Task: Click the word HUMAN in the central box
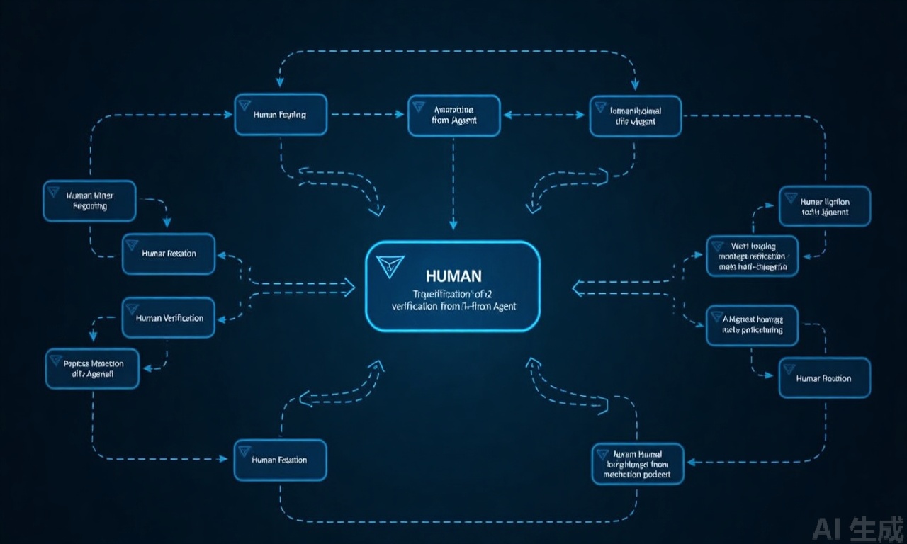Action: [x=454, y=275]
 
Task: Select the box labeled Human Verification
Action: [x=169, y=317]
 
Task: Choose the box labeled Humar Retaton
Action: [x=169, y=254]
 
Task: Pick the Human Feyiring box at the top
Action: [x=281, y=114]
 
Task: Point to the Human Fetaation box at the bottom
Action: [x=281, y=460]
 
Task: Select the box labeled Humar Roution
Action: [x=824, y=378]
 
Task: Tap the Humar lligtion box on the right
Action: [x=825, y=206]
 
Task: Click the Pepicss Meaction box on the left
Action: [x=93, y=368]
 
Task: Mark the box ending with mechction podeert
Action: [x=638, y=464]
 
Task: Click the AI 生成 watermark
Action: [x=858, y=528]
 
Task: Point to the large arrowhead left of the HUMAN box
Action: [x=348, y=287]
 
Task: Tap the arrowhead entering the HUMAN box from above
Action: [x=453, y=224]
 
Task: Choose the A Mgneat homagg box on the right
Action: [x=752, y=325]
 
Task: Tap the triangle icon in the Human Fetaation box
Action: [x=245, y=450]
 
